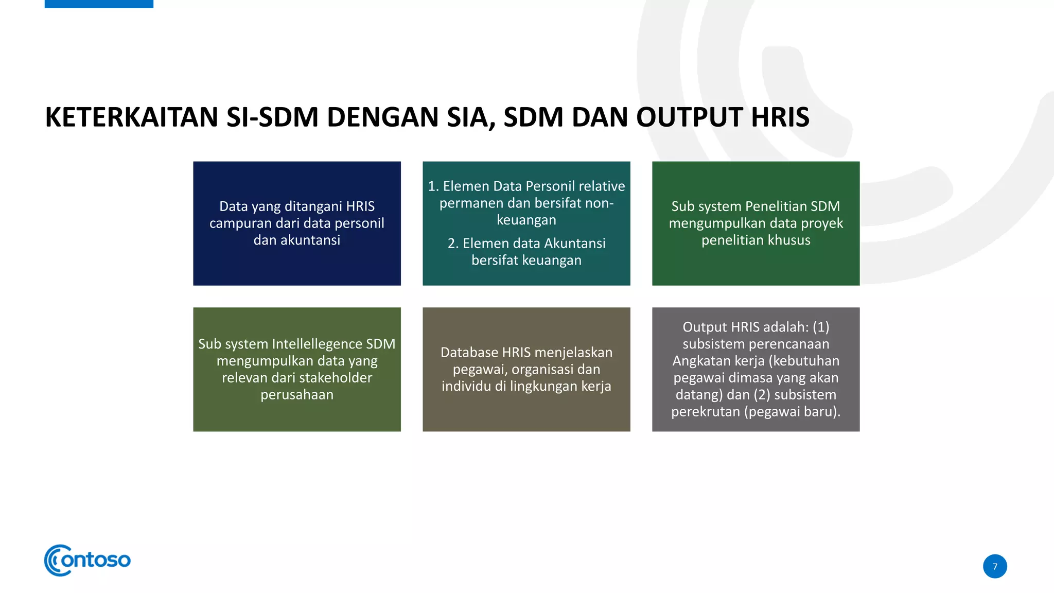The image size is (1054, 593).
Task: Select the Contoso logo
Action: (87, 560)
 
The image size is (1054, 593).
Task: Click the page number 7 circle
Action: (995, 566)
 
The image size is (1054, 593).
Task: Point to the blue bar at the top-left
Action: (99, 4)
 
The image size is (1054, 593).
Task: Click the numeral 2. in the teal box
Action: (453, 243)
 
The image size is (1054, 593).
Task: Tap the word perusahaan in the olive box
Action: (297, 395)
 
